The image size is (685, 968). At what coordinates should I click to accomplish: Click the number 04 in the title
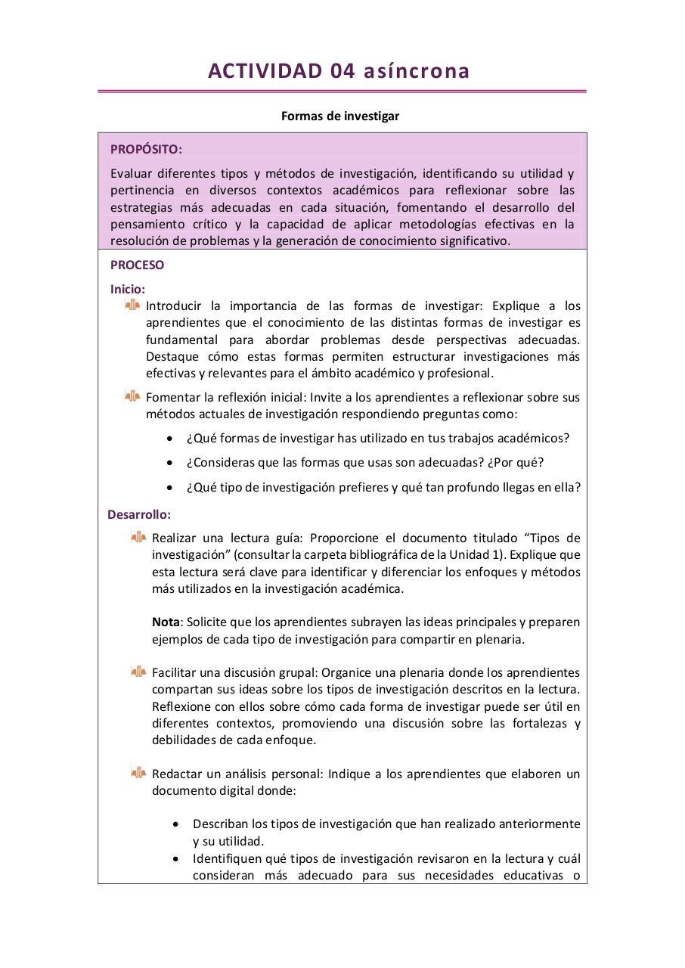point(342,71)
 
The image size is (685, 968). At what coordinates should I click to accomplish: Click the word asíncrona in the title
point(417,71)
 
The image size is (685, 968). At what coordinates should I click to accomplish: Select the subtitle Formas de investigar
point(340,116)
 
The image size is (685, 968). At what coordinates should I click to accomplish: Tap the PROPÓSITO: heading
point(146,149)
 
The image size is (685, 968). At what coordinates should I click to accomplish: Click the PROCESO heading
point(137,265)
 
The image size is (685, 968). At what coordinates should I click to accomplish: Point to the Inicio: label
point(128,288)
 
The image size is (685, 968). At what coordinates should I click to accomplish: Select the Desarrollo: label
point(139,514)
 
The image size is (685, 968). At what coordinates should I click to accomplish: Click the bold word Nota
point(166,622)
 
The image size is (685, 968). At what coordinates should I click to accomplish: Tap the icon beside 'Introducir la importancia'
point(132,305)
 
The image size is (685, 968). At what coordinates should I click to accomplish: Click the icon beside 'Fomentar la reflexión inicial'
point(132,396)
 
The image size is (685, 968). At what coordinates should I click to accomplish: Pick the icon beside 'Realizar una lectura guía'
point(138,537)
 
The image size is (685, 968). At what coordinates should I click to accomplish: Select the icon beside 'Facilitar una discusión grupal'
point(138,672)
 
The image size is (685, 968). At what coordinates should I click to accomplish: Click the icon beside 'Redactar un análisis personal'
point(138,773)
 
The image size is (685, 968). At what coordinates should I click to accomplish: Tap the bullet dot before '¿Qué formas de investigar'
point(170,439)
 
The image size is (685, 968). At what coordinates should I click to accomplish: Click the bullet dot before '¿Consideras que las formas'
point(170,463)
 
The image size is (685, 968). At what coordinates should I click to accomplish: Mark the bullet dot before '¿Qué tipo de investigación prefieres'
point(170,488)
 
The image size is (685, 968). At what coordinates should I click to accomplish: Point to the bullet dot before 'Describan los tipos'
point(176,824)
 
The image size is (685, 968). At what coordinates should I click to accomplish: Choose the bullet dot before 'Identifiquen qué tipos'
point(176,859)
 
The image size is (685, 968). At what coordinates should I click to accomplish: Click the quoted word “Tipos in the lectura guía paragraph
point(544,538)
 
